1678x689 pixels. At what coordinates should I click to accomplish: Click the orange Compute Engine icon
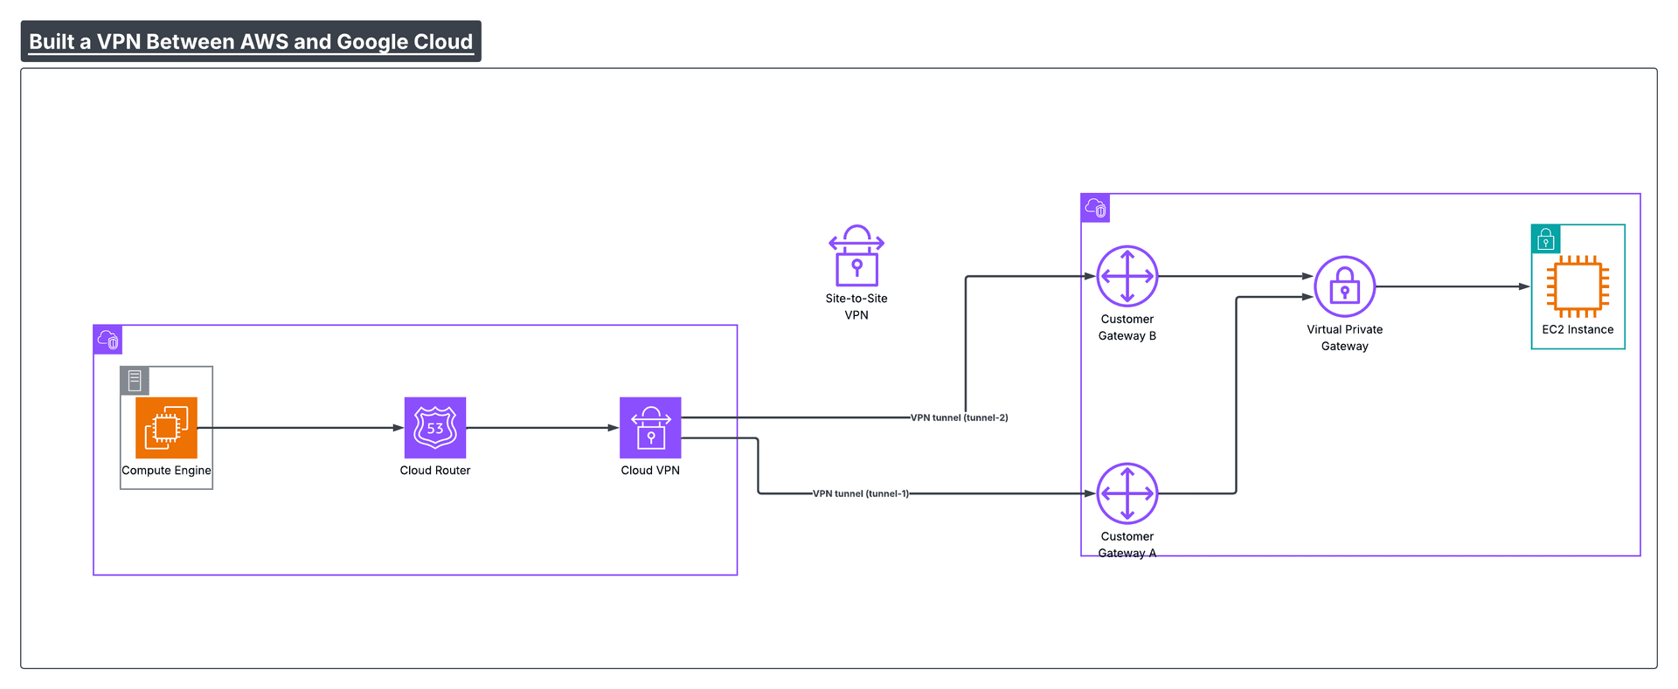tap(166, 428)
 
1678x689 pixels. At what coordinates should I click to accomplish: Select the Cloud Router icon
tap(435, 428)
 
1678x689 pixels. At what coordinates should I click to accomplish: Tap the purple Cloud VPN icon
tap(650, 428)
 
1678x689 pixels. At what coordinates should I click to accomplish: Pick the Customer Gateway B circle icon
tap(1127, 276)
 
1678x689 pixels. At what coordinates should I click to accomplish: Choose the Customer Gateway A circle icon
tap(1127, 493)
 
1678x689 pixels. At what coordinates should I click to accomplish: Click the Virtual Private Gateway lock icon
tap(1345, 286)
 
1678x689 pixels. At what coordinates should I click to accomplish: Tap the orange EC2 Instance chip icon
tap(1577, 286)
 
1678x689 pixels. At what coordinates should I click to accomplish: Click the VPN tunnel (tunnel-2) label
tap(959, 417)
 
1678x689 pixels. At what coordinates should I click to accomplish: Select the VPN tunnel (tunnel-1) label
tap(861, 493)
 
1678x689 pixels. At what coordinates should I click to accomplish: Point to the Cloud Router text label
tap(435, 471)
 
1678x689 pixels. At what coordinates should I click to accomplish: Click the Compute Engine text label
tap(166, 471)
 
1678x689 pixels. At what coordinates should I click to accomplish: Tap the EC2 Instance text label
tap(1577, 330)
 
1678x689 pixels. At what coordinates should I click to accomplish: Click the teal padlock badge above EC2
tap(1546, 239)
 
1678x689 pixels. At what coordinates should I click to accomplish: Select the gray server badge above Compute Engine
tap(135, 381)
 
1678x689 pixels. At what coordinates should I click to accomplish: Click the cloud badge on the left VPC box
tap(108, 340)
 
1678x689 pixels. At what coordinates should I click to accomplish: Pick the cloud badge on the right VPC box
tap(1096, 208)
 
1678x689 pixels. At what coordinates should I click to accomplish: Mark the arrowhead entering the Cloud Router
tap(398, 428)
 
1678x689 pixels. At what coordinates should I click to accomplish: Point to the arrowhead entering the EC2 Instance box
tap(1524, 286)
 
